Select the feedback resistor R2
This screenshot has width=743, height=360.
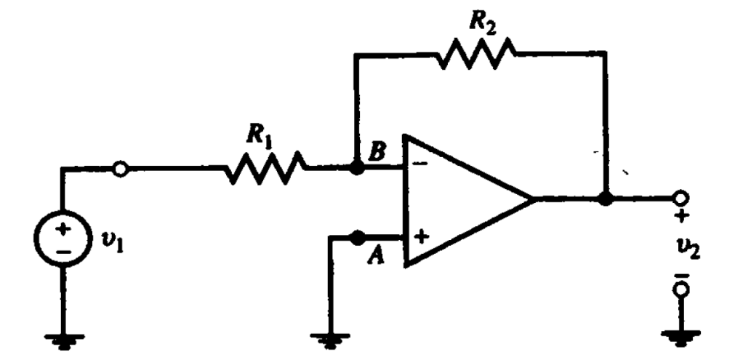[478, 55]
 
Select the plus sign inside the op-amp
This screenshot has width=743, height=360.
[421, 236]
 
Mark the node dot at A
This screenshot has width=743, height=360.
[356, 237]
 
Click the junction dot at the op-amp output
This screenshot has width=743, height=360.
[605, 198]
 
